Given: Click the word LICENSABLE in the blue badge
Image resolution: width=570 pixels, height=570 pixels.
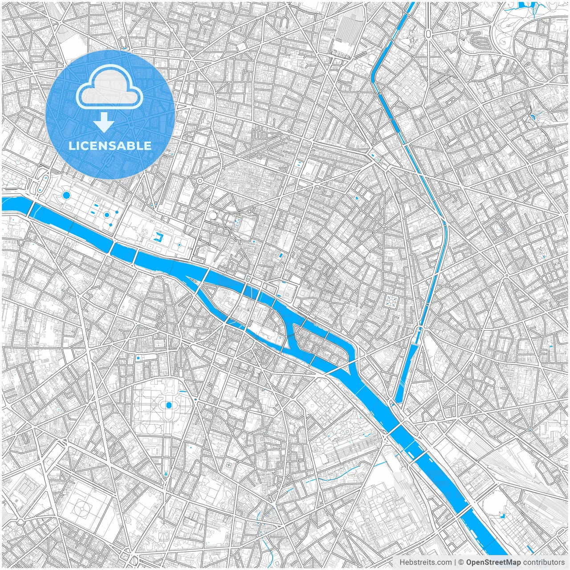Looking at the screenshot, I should tap(110, 146).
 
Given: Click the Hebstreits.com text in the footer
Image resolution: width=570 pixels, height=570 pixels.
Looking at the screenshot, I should tap(425, 562).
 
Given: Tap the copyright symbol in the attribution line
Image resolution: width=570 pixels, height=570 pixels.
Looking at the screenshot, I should tap(461, 562).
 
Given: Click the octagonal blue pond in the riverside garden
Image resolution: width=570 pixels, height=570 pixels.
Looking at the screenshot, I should tap(66, 195).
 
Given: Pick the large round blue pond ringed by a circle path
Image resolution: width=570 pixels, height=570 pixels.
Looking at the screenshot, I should tap(107, 215).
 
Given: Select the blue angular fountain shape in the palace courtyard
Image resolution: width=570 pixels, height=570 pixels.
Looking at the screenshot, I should tap(158, 236).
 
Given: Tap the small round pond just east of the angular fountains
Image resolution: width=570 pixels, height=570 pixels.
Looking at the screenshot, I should tap(179, 244).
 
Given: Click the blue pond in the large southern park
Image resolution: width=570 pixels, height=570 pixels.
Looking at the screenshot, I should tap(169, 405).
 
